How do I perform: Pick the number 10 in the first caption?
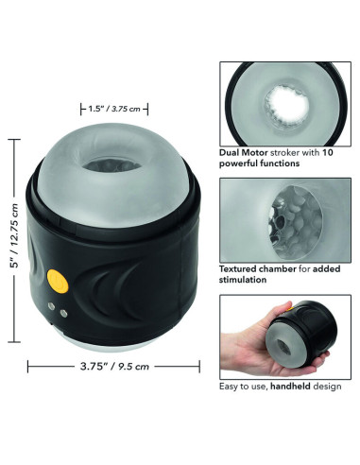328,150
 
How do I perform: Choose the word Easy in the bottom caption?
229,387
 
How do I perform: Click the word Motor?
260,150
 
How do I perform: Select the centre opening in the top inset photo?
283,101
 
